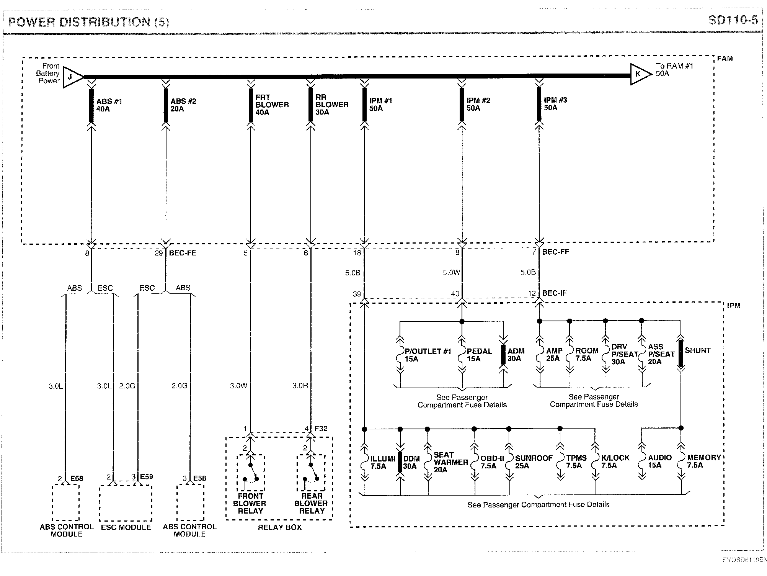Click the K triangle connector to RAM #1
(640, 74)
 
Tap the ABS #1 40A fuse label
(109, 105)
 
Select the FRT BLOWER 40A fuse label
(272, 105)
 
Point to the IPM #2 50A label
(478, 104)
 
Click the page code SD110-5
(733, 20)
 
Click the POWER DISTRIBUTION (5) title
(88, 22)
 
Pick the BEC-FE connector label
(183, 253)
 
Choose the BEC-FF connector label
(555, 252)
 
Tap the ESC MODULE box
(126, 503)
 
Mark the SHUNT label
(697, 350)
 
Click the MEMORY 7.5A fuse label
(703, 461)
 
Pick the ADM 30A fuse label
(516, 355)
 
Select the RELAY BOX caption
(279, 527)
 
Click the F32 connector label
(321, 429)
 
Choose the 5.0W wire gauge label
(451, 273)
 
